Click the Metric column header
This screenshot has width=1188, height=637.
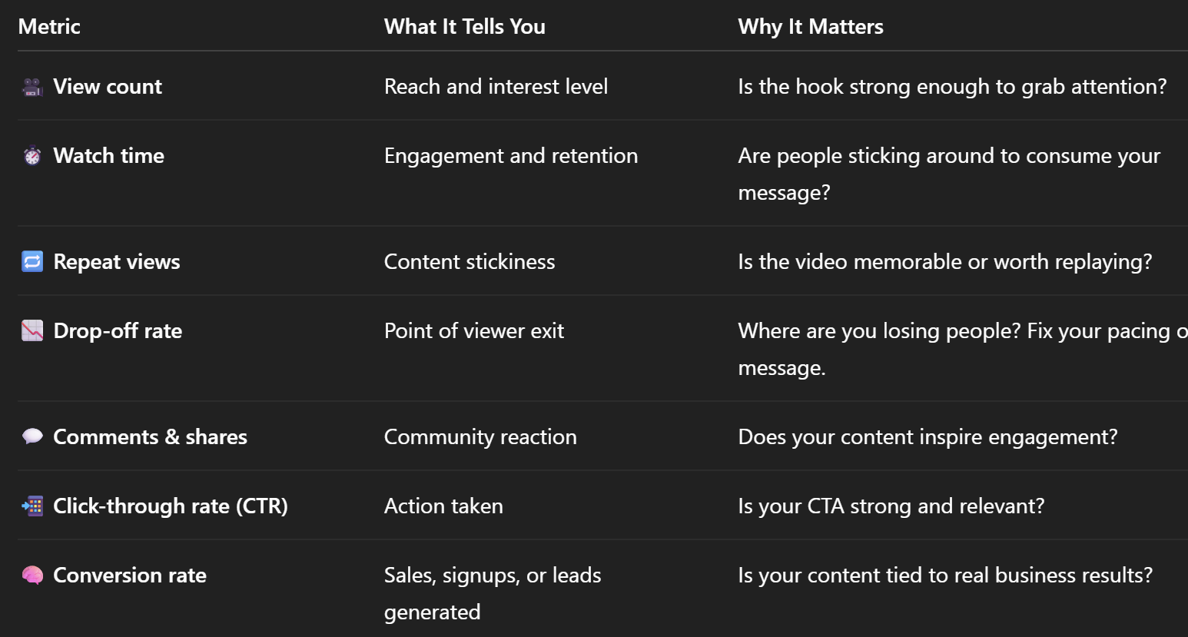[49, 26]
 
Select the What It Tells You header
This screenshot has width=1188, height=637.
[464, 26]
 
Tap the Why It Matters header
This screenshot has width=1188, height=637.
[810, 26]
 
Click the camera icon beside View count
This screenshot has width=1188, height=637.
[32, 87]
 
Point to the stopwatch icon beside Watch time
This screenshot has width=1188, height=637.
[32, 156]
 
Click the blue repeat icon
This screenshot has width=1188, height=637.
[32, 262]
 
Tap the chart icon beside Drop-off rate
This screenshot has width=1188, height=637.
[32, 331]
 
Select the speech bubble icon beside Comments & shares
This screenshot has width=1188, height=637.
[32, 437]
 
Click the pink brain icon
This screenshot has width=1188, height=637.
[32, 576]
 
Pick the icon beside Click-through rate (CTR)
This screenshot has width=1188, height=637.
[32, 506]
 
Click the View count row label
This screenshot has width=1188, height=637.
[108, 87]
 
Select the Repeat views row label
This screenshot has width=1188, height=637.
[117, 262]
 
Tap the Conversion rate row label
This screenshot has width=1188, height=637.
[130, 576]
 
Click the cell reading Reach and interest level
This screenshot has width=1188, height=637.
[496, 87]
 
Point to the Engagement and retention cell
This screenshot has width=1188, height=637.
[510, 156]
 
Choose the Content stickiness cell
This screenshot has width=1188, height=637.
[469, 262]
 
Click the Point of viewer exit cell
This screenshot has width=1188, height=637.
[473, 331]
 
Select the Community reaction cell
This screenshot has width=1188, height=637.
[480, 437]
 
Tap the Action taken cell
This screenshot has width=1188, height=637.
[443, 506]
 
